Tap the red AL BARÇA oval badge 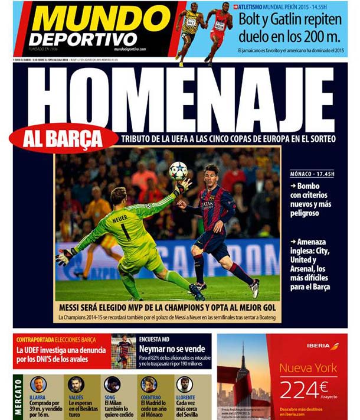(x=63, y=138)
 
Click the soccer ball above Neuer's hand (x=178, y=171)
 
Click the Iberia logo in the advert (x=323, y=346)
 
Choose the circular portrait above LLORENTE (x=185, y=384)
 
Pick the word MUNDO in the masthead (x=100, y=19)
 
